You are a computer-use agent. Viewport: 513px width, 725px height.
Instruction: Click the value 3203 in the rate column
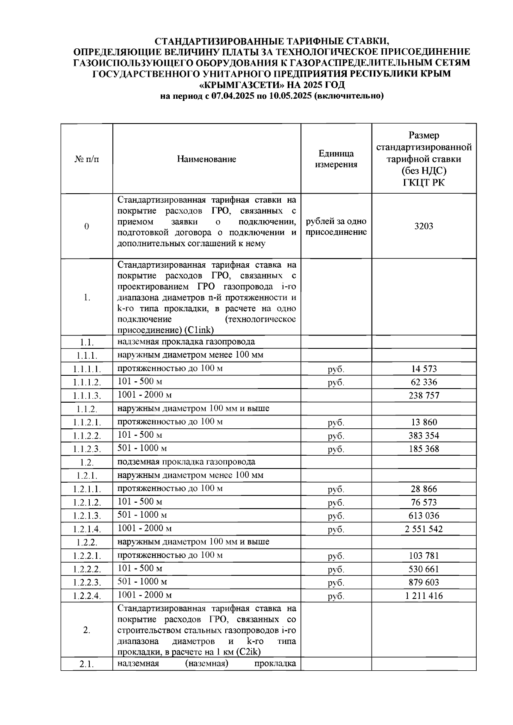[x=423, y=227]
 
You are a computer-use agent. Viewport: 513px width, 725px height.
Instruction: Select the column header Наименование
[x=206, y=159]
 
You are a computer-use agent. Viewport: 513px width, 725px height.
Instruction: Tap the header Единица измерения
[x=336, y=159]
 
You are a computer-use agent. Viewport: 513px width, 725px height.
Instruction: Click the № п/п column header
[x=87, y=159]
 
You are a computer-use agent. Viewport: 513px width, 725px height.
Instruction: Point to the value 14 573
[x=423, y=369]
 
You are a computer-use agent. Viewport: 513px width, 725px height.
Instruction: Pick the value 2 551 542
[x=423, y=529]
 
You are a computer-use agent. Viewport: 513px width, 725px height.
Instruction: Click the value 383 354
[x=423, y=436]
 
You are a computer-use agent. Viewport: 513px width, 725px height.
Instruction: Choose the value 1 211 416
[x=423, y=596]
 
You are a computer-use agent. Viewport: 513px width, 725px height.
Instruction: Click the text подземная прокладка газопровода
[x=186, y=462]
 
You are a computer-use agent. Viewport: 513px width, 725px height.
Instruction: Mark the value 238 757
[x=423, y=395]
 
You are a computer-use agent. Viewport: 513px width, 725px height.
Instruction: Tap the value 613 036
[x=423, y=516]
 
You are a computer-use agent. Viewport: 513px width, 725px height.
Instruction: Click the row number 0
[x=87, y=227]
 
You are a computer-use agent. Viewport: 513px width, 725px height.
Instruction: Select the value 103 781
[x=423, y=556]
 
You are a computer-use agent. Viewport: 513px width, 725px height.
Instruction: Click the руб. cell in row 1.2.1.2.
[x=336, y=503]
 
